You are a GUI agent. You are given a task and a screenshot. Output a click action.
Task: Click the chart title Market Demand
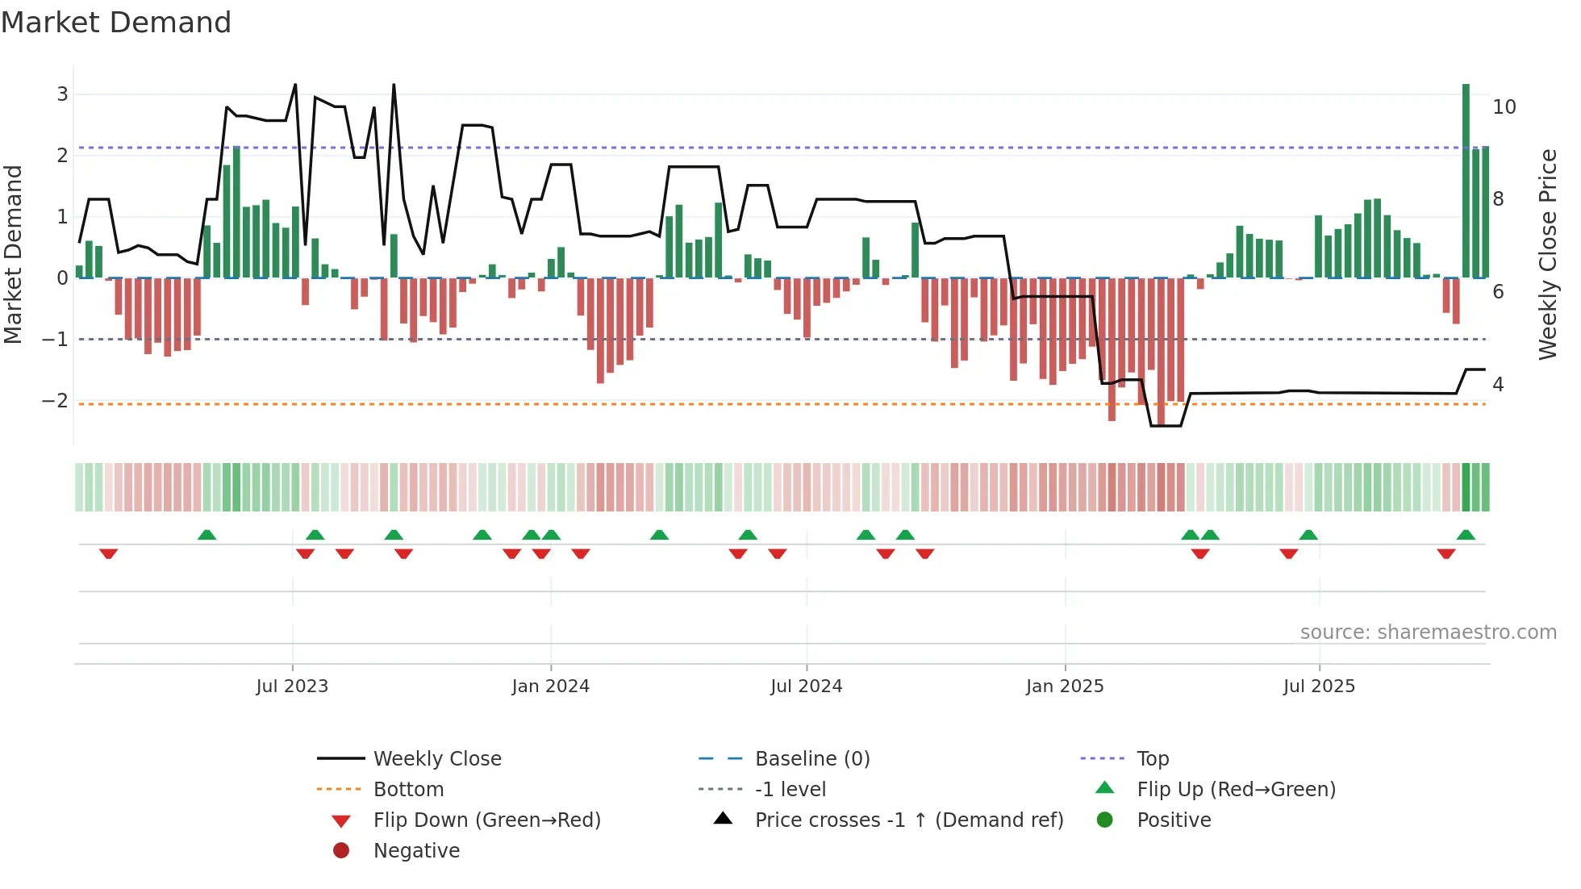pos(116,23)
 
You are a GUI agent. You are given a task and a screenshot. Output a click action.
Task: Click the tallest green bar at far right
pos(1466,182)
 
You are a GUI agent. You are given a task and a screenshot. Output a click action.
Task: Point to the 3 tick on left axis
pos(62,94)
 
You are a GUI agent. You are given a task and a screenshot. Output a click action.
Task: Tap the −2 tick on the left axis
pos(55,401)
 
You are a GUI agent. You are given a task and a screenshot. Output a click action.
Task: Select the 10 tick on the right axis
pos(1504,107)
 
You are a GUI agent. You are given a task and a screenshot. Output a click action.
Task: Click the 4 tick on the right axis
pos(1497,385)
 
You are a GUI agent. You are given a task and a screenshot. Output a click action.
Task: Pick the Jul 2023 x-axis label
pos(292,687)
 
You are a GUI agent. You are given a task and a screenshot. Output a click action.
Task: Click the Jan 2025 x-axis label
pos(1065,687)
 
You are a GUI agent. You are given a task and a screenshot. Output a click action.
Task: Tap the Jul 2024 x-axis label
pos(806,687)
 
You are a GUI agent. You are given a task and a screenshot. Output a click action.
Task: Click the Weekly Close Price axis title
pos(1547,254)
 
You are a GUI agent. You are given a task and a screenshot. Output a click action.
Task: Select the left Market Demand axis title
pos(14,254)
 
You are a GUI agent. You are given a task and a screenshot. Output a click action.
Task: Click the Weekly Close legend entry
pos(436,759)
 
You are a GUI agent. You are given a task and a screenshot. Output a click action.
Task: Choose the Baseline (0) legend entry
pos(811,759)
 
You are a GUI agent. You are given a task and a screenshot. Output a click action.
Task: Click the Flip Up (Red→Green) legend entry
pos(1236,790)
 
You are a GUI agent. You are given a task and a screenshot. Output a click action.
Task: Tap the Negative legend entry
pos(416,851)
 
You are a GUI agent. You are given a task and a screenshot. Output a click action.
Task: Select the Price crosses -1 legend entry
pos(908,820)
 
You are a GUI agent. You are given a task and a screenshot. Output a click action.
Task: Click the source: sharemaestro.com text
pos(1428,632)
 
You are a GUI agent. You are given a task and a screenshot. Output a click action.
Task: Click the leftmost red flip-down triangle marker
pos(109,553)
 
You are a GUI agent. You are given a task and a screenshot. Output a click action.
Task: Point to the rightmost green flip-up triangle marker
pos(1466,535)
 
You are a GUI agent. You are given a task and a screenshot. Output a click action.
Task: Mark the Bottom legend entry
pos(408,790)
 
